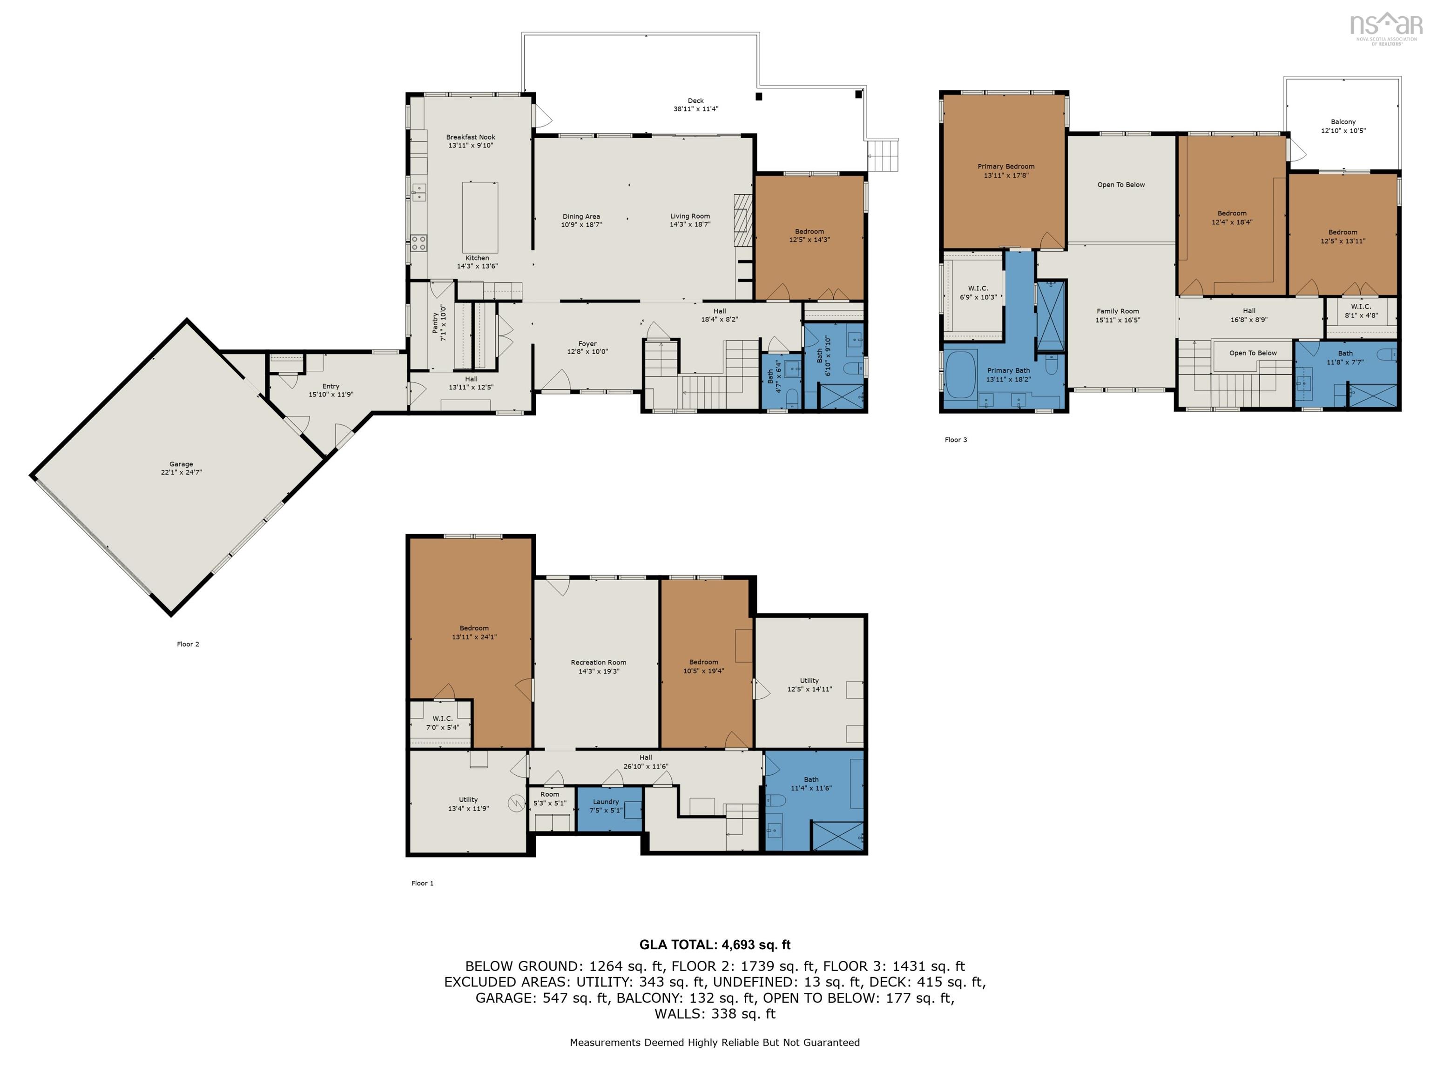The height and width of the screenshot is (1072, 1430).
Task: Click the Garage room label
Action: [x=181, y=464]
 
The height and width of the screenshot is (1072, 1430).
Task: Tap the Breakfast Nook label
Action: [x=471, y=137]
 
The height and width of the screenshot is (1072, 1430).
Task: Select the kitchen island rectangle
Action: [x=479, y=217]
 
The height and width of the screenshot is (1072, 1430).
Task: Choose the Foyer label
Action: [x=587, y=344]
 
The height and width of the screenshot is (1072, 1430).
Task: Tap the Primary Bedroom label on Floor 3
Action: [x=1006, y=166]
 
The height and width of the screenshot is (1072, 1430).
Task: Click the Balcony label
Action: [x=1343, y=121]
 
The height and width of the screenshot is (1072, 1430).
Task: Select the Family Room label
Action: [x=1117, y=311]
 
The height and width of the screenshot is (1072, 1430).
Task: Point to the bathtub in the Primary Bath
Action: [x=961, y=375]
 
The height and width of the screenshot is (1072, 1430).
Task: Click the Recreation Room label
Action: [x=599, y=663]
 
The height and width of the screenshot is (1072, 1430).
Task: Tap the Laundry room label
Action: [x=606, y=801]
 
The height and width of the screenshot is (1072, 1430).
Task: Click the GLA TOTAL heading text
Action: [x=715, y=945]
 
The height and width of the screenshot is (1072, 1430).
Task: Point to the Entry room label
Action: [x=331, y=386]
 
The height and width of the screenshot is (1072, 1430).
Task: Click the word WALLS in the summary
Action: [x=679, y=1014]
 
